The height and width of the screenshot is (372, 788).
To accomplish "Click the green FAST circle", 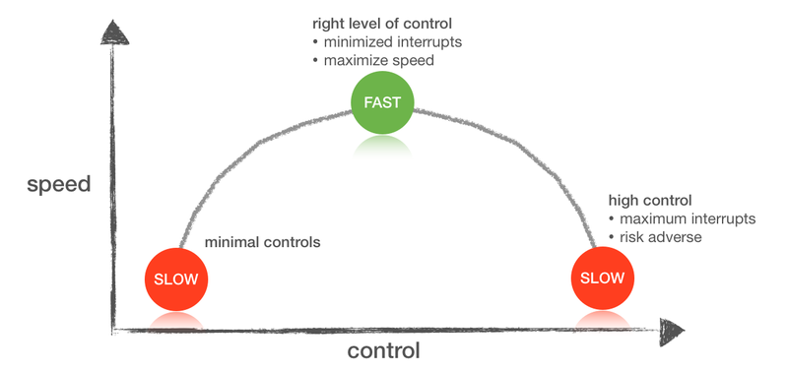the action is pos(382,102).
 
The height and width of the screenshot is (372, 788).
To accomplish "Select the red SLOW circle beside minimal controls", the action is pos(176,279).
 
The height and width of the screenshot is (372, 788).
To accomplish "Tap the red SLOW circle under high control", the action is pos(603,278).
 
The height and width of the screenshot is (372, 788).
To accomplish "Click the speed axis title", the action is pos(59,185).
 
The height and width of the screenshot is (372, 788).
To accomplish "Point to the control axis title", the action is pos(383,350).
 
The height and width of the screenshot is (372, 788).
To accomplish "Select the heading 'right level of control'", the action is pos(382,24).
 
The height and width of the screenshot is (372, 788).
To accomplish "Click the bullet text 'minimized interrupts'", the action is pos(392,42).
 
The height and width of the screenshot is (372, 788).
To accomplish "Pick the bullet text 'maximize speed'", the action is pos(378,61).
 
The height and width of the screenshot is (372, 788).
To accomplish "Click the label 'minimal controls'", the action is pos(262,242).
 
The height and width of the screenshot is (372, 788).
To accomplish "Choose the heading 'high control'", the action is pos(650,201).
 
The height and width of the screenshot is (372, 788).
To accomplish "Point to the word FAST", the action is pos(382,102).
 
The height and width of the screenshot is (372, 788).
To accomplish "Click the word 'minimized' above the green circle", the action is pos(356,42).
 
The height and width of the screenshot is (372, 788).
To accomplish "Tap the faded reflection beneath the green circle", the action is pos(382,146).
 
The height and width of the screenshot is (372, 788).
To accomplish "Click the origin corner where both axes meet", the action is pos(113,331).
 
